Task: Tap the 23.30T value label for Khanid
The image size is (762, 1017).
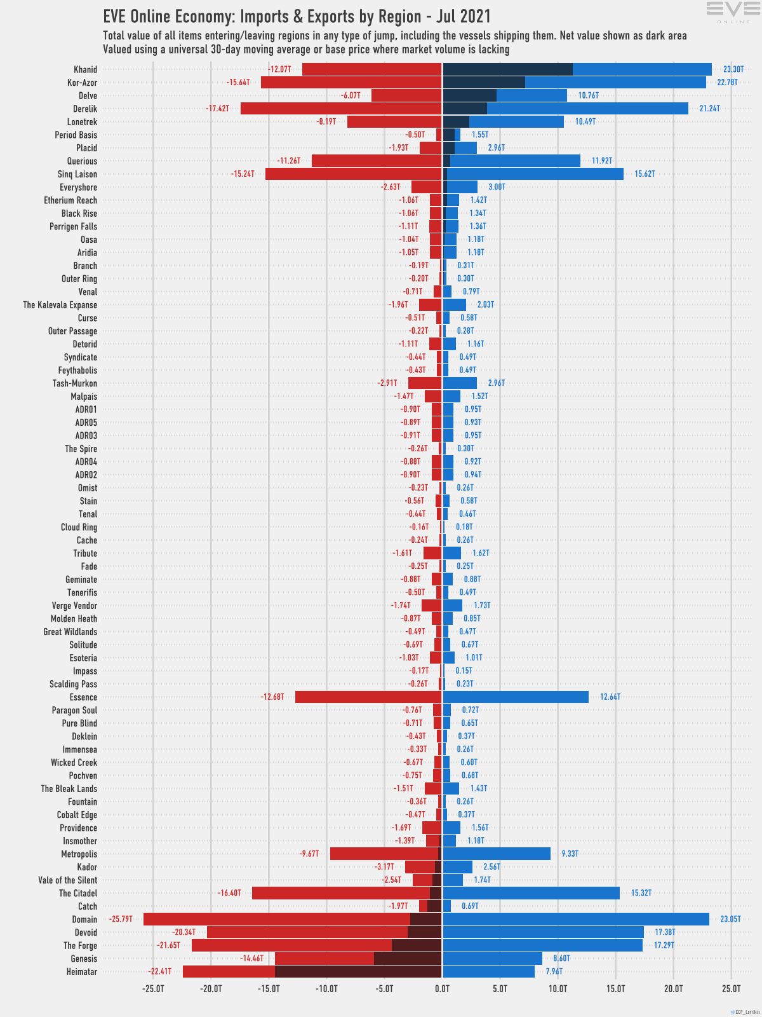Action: (x=733, y=69)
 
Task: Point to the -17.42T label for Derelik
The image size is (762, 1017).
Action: (x=217, y=109)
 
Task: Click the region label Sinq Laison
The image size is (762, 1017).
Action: (x=77, y=174)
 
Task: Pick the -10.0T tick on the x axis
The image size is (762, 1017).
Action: (x=326, y=989)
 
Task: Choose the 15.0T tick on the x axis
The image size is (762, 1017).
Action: (x=615, y=989)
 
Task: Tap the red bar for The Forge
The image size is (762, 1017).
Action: (x=291, y=945)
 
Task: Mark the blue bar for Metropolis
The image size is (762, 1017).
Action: (x=497, y=854)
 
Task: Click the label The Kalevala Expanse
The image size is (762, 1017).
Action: (x=60, y=305)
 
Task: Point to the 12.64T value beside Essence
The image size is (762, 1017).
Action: (x=610, y=697)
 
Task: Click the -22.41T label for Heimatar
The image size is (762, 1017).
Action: (x=159, y=971)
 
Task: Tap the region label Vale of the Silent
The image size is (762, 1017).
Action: (x=68, y=880)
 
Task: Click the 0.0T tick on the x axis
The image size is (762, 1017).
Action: (x=442, y=989)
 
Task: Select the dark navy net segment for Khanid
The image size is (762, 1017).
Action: (x=507, y=69)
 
